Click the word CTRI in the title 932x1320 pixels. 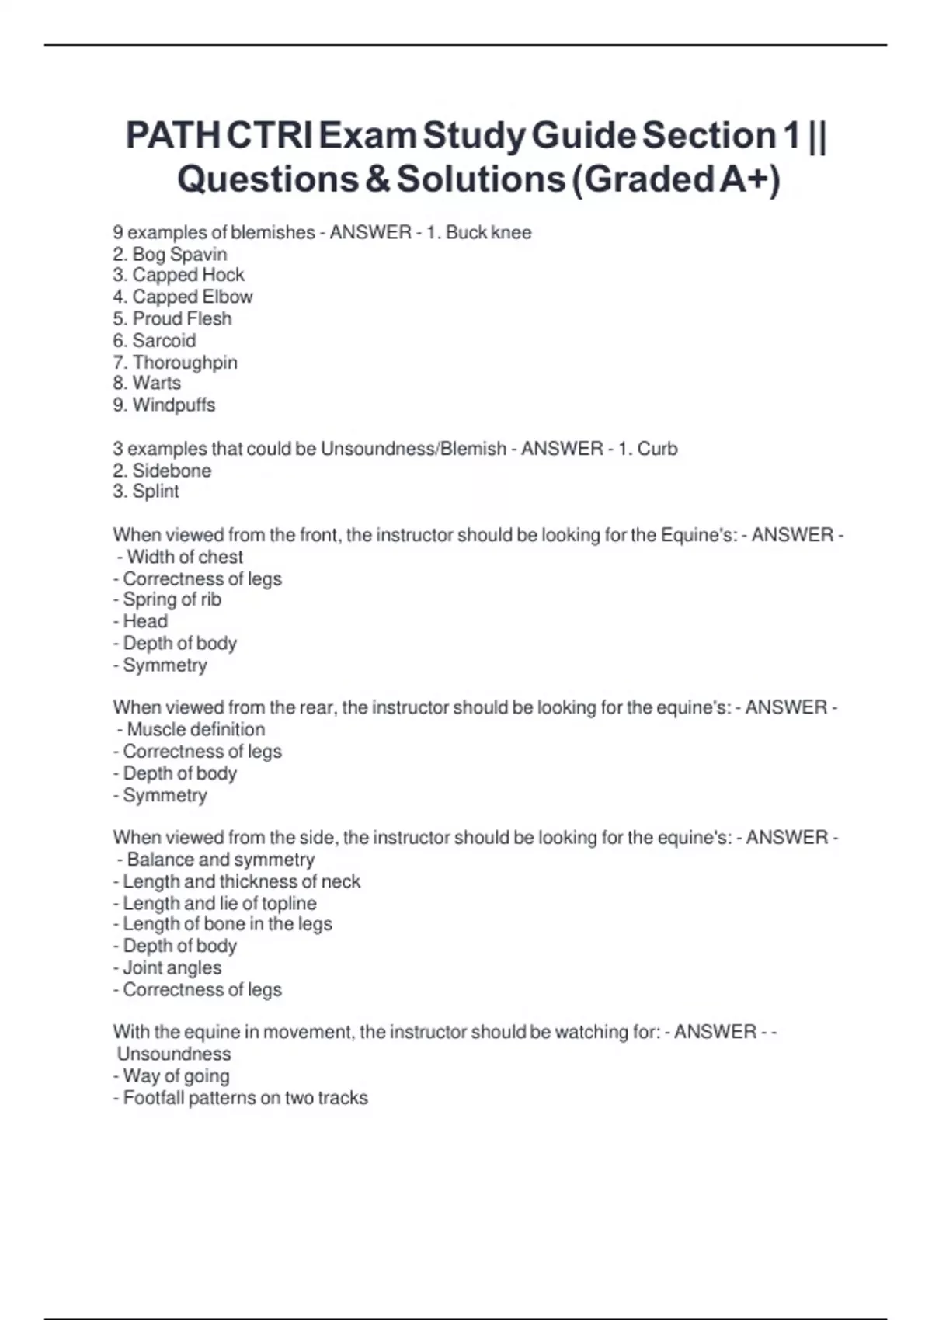point(270,136)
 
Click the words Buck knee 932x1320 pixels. point(489,232)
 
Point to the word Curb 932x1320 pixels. point(657,448)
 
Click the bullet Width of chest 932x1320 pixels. point(184,557)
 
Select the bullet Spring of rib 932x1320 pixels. point(171,599)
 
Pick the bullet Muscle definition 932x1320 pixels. point(195,729)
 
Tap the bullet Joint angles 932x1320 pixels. point(171,967)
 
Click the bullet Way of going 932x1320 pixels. point(175,1075)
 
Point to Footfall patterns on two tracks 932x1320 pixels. point(245,1097)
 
